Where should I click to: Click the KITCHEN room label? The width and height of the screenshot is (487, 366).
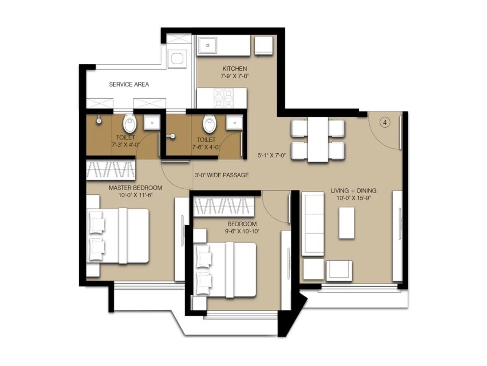click(x=234, y=69)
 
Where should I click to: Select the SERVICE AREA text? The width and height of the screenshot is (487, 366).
click(x=129, y=85)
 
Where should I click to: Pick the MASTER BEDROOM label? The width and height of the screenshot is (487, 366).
click(x=135, y=188)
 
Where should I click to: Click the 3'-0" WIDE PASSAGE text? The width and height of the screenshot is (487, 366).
click(x=222, y=175)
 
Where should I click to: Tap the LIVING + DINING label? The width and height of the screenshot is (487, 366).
click(x=353, y=190)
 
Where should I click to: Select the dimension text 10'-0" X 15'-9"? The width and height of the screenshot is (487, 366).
click(x=353, y=198)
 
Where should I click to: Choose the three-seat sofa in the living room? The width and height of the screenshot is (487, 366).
click(x=313, y=225)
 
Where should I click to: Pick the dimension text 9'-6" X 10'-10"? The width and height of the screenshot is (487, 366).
click(x=242, y=231)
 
